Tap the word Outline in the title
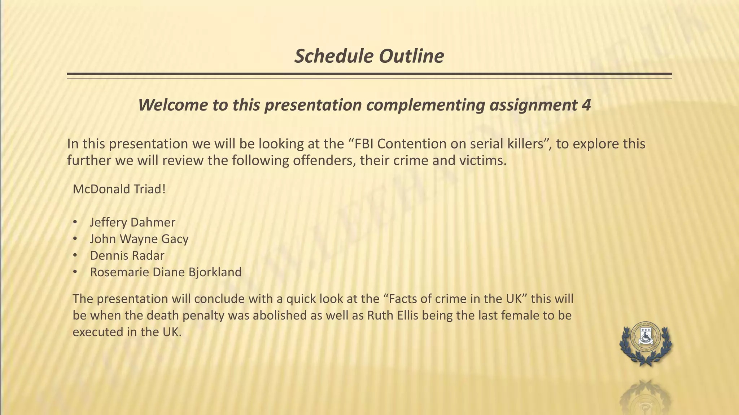[411, 56]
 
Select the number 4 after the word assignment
[586, 105]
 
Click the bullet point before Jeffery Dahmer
[75, 222]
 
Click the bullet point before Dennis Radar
[75, 255]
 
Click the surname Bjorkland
[215, 272]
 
